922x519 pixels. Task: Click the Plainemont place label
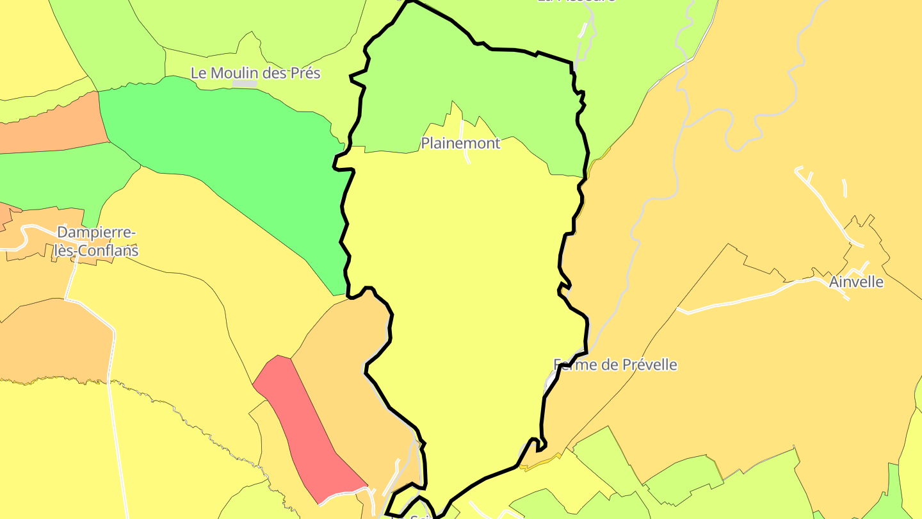[x=460, y=143]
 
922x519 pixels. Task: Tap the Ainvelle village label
[x=856, y=281]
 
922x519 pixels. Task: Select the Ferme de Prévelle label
[x=615, y=365]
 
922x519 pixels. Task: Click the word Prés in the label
[x=305, y=73]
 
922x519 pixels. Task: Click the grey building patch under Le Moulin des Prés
[x=245, y=84]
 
